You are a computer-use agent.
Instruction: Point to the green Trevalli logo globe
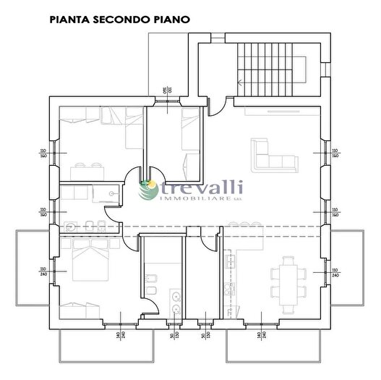pos(150,190)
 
